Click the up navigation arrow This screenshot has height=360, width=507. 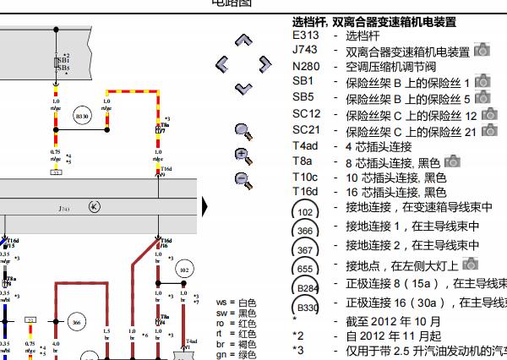click(244, 40)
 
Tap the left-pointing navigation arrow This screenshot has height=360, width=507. click(222, 63)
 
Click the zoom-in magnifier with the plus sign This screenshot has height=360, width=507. click(243, 155)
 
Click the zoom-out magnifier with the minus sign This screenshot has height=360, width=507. click(243, 178)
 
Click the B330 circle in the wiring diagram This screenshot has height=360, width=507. click(82, 115)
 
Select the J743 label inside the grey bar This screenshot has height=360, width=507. click(64, 208)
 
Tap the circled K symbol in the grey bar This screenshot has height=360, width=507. click(94, 207)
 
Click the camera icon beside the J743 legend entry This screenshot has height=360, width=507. click(482, 52)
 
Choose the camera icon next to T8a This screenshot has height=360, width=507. click(452, 161)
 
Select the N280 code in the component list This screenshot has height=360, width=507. click(306, 67)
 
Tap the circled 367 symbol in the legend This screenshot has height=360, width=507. click(305, 249)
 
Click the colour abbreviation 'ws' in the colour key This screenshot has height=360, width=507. click(223, 303)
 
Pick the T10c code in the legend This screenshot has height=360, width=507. click(306, 177)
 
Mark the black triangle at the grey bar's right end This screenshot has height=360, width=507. click(205, 207)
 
